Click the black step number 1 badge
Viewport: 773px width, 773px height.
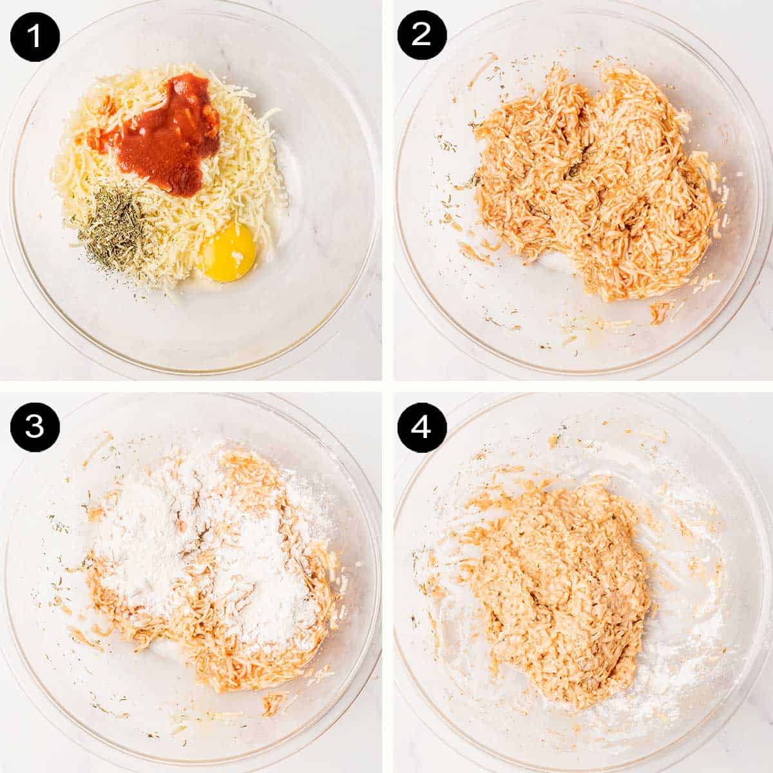[x=35, y=36]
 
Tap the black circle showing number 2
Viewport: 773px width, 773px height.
[x=421, y=36]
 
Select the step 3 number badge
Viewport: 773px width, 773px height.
[x=35, y=426]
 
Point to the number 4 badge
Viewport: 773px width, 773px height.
[x=421, y=426]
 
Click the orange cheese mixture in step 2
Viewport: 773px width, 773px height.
[x=593, y=187]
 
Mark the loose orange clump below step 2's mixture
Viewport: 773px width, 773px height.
[x=658, y=313]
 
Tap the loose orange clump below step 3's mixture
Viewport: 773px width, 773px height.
[x=274, y=702]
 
